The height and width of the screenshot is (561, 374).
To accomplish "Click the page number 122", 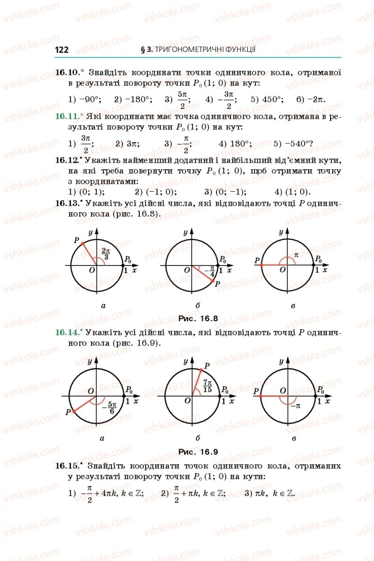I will click(x=62, y=50).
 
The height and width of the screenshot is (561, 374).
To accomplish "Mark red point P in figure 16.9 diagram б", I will click(x=201, y=369).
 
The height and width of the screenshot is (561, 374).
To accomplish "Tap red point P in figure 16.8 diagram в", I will click(x=261, y=265).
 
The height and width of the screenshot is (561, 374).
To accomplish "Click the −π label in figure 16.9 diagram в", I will click(x=295, y=406).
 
